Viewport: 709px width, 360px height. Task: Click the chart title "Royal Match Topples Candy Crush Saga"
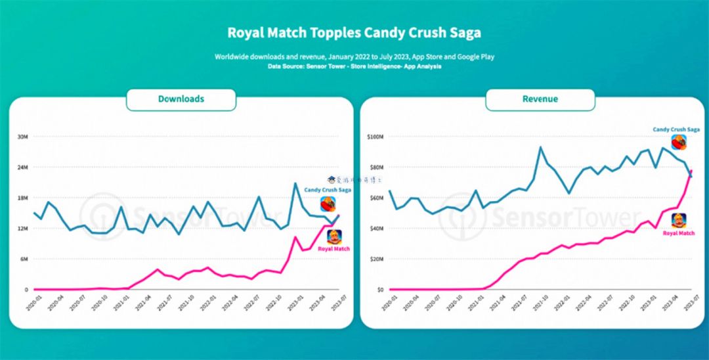(x=354, y=32)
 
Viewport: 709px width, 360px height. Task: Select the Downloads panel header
(x=181, y=99)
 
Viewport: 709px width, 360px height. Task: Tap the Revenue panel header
(x=540, y=99)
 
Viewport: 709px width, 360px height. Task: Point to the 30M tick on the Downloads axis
(x=22, y=137)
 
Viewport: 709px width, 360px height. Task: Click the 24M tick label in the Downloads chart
(x=22, y=167)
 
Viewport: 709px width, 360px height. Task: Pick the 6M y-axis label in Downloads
(x=22, y=259)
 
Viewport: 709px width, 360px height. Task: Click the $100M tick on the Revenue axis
(x=376, y=137)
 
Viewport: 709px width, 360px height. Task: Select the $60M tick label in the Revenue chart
(x=377, y=198)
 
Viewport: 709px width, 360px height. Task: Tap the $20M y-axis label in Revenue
(x=377, y=259)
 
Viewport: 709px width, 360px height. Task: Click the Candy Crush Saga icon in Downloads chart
(x=328, y=204)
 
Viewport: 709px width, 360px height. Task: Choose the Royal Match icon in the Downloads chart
(x=334, y=236)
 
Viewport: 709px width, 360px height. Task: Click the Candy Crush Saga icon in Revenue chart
(x=678, y=143)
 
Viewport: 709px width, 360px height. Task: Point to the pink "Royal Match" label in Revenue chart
(x=679, y=233)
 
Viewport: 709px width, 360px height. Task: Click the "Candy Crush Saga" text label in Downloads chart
(x=327, y=190)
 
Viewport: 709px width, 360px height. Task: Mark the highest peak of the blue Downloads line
(x=295, y=183)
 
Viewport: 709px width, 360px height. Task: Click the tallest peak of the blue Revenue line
(x=541, y=147)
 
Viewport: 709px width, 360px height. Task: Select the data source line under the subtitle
(x=354, y=66)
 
